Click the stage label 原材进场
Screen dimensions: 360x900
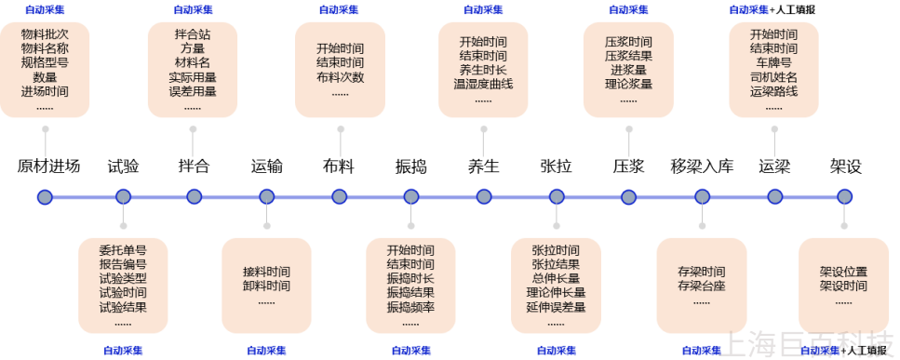pos(48,167)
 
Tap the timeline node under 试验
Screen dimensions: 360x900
pos(123,196)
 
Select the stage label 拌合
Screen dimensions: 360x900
pos(194,167)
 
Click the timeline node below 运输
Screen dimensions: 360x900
pos(267,196)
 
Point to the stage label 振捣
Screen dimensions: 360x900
pos(410,167)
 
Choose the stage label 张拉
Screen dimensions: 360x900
pos(556,167)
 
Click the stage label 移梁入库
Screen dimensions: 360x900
pos(702,167)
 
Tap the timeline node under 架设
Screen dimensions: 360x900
pos(844,196)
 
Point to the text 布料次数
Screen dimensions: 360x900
pos(340,77)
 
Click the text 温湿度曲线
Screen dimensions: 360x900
pos(483,84)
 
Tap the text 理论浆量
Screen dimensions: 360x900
pos(628,84)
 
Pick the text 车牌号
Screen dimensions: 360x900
pos(773,63)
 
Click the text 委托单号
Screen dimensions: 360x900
pos(123,250)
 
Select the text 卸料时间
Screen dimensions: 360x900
pos(266,286)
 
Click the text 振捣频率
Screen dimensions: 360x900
pos(410,306)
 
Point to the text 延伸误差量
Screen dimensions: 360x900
pos(556,306)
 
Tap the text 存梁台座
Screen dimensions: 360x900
pos(702,286)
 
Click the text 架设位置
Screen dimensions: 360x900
pos(843,272)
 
